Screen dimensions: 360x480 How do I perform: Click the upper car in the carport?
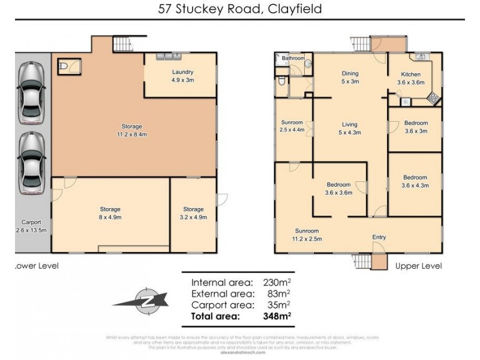coord(31,93)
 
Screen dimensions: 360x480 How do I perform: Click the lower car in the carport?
coord(31,163)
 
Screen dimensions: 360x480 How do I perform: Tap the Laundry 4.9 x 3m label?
coord(182,76)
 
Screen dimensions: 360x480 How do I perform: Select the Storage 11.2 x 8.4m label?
coord(131,130)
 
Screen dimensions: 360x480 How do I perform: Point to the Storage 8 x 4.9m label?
coord(110,213)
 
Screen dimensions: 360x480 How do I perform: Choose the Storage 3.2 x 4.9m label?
coord(193,213)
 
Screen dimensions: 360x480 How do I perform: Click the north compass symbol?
coord(143,298)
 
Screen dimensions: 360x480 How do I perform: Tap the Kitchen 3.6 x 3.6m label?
coord(411,79)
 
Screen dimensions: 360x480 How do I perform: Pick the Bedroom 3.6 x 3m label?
coord(416,127)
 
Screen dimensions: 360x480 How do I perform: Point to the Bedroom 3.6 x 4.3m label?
coord(415,181)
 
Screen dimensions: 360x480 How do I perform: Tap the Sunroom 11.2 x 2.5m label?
coord(307,235)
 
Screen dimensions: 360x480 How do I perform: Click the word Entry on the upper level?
coord(379,238)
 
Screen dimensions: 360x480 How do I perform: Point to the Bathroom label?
coord(293,58)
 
